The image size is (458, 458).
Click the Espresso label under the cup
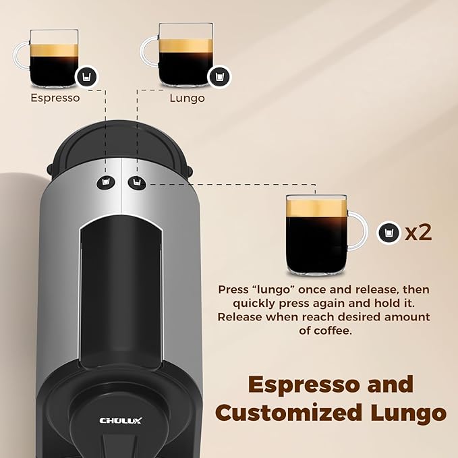point(55,98)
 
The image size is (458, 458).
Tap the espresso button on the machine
point(105,181)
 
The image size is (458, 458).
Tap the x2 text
point(418,233)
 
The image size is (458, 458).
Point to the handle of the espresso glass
point(20,55)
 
